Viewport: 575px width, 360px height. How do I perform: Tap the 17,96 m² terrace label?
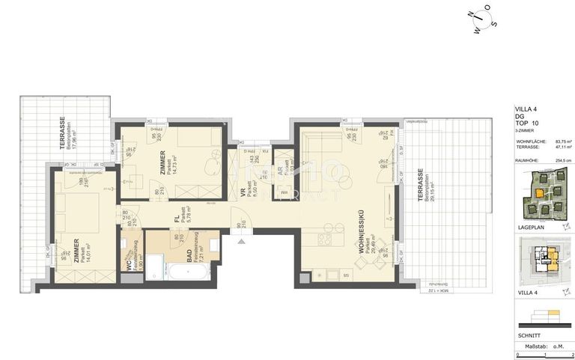click(x=68, y=135)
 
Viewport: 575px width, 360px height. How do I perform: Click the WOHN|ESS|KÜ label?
click(x=362, y=232)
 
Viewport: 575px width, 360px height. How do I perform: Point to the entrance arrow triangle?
click(x=240, y=241)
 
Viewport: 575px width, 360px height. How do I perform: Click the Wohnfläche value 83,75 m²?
click(x=562, y=141)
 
